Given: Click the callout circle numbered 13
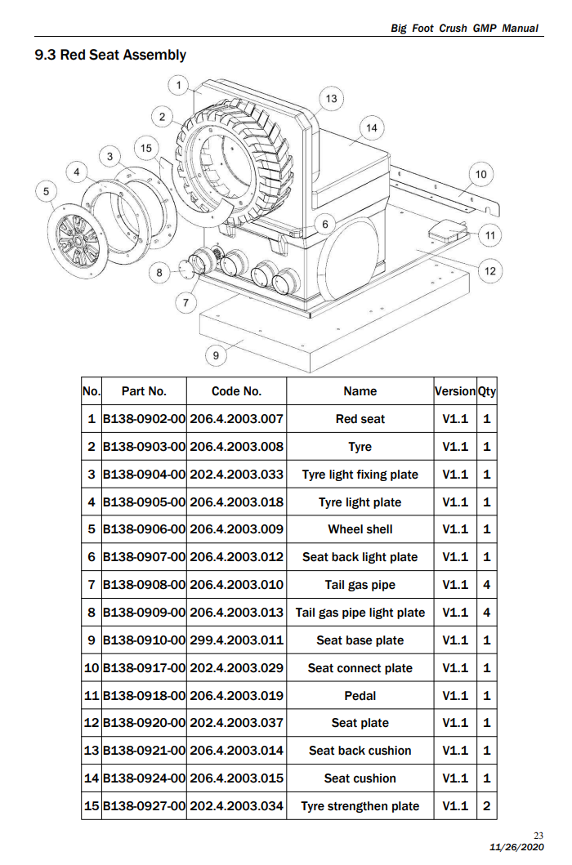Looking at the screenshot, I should (331, 99).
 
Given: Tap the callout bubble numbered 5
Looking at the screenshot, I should (47, 191).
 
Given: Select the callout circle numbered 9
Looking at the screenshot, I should (215, 354).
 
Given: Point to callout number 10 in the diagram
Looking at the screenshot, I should (480, 174).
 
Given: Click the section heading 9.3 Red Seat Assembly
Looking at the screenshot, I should (110, 55).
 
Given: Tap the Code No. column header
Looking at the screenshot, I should (236, 391).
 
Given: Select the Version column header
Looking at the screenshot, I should (455, 391).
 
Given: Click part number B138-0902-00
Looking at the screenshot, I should (144, 419).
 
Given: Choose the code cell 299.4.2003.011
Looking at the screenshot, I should (236, 640).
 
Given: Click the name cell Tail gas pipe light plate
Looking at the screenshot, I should (360, 613).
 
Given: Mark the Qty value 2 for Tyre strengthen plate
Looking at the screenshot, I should (487, 806).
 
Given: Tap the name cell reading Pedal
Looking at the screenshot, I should (360, 696).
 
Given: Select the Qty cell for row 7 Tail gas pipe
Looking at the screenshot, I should (487, 585).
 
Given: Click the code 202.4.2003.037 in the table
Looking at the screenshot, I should (236, 723).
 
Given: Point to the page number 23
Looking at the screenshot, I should (538, 835).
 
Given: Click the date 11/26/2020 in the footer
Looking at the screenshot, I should (516, 847).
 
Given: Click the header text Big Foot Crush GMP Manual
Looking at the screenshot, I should (464, 28).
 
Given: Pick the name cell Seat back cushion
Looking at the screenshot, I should (360, 751).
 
